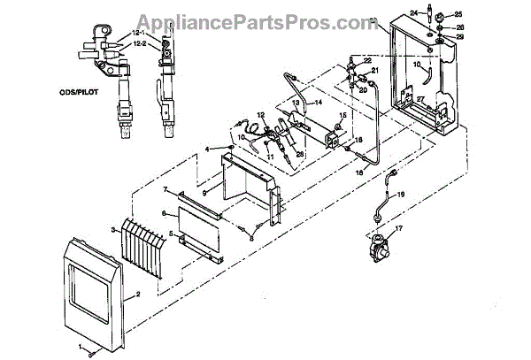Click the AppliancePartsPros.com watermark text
(265, 19)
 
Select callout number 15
(342, 116)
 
